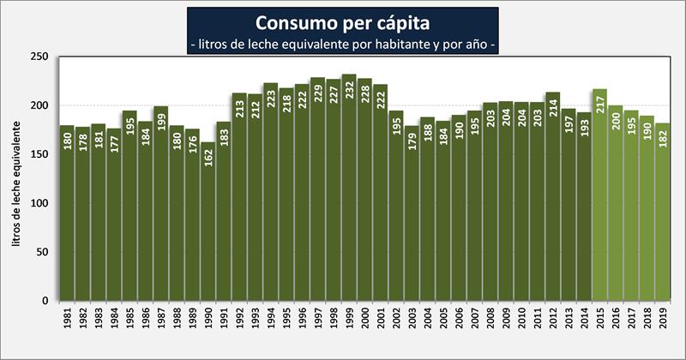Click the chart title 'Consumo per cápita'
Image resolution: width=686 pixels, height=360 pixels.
tap(343, 21)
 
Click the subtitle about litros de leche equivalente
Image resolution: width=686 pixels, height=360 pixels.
tap(343, 44)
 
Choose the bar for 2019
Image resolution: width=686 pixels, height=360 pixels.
tap(662, 223)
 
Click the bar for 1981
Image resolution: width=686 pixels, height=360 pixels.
tap(67, 223)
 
